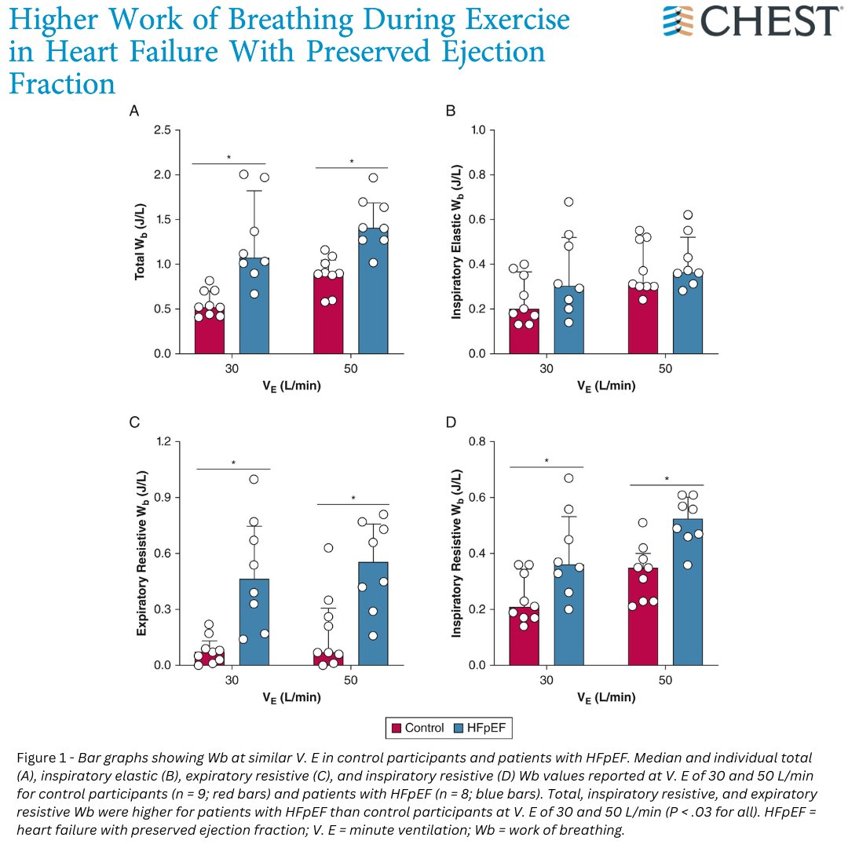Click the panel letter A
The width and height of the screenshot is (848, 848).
pyautogui.click(x=134, y=112)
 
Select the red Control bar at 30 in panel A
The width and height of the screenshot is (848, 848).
pyautogui.click(x=210, y=331)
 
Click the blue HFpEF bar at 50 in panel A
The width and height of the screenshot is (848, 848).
pyautogui.click(x=373, y=291)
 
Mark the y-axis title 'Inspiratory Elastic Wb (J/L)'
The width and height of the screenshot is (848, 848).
pyautogui.click(x=456, y=241)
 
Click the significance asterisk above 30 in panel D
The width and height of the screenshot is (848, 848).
pyautogui.click(x=546, y=461)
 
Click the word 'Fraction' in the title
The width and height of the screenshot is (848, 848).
pyautogui.click(x=62, y=82)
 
